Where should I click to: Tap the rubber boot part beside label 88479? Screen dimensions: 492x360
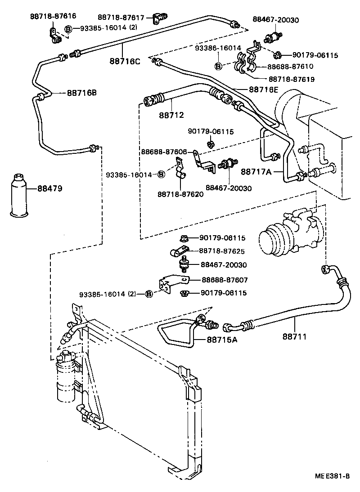tap(18, 194)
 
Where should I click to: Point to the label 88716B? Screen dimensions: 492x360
tap(82, 93)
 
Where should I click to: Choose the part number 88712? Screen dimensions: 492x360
tap(171, 115)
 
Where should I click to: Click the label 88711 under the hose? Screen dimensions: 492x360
tap(295, 335)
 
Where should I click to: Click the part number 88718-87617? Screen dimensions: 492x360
tap(121, 18)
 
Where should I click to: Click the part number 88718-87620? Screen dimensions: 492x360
tap(180, 194)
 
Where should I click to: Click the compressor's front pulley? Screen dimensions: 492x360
tap(269, 237)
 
